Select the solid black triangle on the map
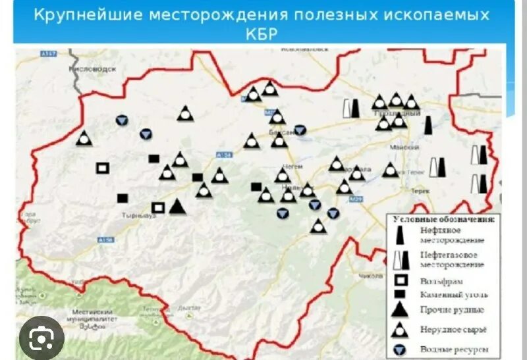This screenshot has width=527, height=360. [177, 207]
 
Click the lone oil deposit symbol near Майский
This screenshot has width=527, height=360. [428, 125]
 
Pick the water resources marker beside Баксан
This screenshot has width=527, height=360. [300, 130]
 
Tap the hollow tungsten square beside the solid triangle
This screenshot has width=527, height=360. [158, 207]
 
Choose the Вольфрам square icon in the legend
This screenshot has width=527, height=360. [399, 280]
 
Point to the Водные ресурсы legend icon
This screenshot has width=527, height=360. [399, 349]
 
